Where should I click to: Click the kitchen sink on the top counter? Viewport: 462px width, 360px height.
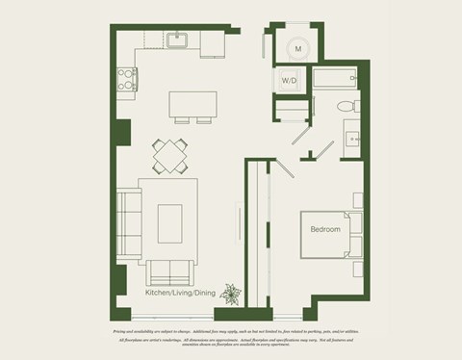(178, 40)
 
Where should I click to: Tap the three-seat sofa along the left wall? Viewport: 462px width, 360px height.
(128, 221)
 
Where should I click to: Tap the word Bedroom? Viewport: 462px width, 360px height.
(325, 230)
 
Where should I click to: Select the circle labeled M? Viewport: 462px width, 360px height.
(297, 47)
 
